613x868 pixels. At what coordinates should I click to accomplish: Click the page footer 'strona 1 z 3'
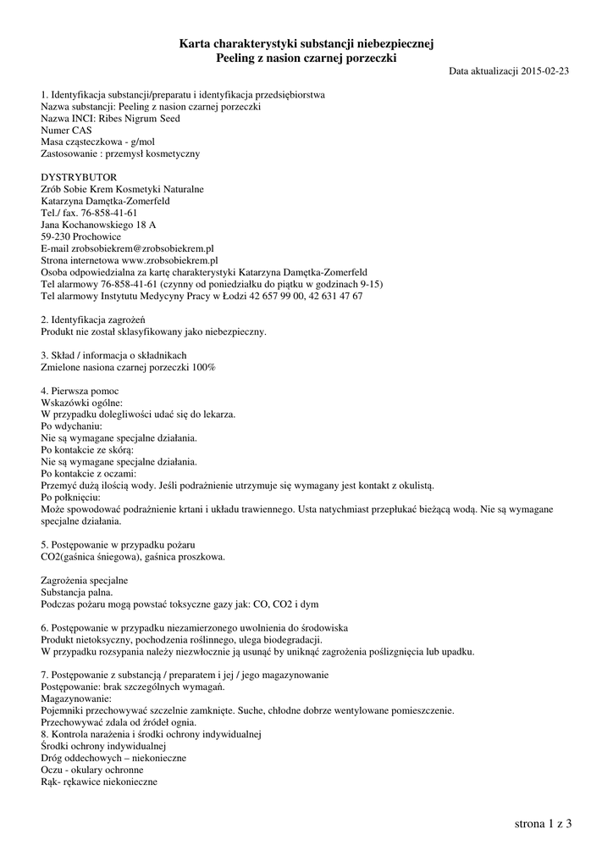543,823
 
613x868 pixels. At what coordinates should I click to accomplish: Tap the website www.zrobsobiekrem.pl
170,261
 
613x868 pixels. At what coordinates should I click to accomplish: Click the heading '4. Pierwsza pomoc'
81,391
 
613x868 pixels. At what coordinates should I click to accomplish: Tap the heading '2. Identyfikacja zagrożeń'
94,320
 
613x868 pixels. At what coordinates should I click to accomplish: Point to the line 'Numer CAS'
66,131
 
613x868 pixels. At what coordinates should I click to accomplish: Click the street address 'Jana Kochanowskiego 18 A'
98,225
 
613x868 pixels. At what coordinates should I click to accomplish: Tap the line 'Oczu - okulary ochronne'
91,769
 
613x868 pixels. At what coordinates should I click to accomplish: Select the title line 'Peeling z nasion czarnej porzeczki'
306,58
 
